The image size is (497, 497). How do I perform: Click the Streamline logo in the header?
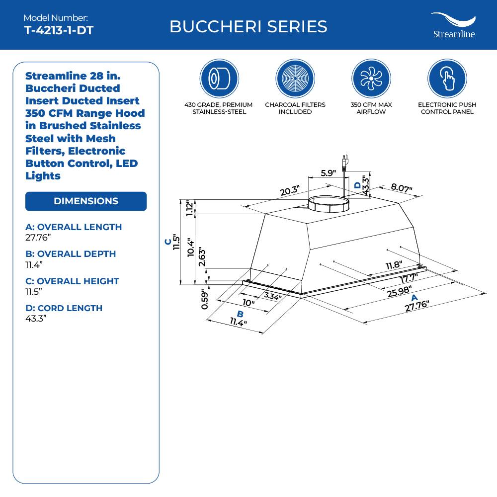(x=453, y=25)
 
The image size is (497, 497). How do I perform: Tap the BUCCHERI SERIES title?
(x=248, y=26)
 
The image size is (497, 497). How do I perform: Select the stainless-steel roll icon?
(x=219, y=79)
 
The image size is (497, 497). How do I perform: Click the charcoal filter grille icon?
(x=295, y=79)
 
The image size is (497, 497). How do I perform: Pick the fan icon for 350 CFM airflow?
(x=371, y=79)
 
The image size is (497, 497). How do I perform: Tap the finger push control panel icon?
(x=447, y=79)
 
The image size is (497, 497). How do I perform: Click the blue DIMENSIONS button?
(x=86, y=201)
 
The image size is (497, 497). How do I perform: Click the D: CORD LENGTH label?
(x=64, y=308)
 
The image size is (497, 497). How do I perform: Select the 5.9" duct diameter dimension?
(x=328, y=173)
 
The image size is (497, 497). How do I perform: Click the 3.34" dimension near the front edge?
(x=272, y=297)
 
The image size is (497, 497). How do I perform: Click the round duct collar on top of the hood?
(x=329, y=204)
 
